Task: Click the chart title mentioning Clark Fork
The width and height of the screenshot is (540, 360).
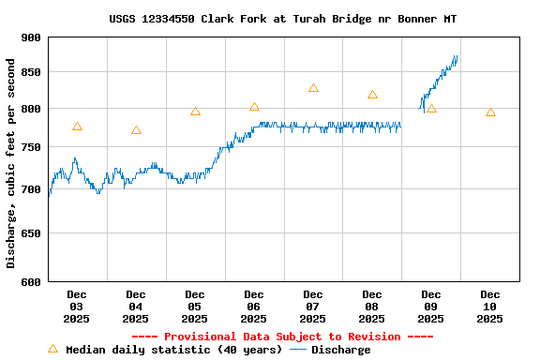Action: coord(283,19)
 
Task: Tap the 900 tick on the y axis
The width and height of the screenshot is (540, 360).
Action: coord(31,37)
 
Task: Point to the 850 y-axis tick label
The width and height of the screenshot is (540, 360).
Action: coord(31,72)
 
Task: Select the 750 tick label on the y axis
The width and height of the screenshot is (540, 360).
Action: coord(31,147)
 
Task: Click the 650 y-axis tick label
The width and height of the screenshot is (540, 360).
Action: coord(31,233)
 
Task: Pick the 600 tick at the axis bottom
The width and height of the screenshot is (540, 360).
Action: coord(31,281)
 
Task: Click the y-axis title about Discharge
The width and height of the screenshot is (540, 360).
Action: coord(11,163)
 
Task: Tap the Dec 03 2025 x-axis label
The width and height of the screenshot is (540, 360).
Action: coord(76,307)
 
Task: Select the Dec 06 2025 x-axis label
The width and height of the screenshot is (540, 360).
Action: coord(253,307)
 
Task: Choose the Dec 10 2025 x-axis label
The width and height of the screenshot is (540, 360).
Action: coord(489,307)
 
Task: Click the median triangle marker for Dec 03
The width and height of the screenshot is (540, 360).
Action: coord(77,127)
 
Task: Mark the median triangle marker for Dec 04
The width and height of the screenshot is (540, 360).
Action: coord(136,130)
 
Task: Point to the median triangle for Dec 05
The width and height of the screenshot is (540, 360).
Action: coord(195,112)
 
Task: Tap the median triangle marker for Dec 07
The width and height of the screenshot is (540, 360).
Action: coord(313,88)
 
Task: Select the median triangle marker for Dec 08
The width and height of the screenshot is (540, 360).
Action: coord(372,95)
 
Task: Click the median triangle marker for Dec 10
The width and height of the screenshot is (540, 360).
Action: coord(490,112)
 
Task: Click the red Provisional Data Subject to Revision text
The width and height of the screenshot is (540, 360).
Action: coord(282,337)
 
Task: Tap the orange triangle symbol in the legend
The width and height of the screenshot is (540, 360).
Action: coord(52,349)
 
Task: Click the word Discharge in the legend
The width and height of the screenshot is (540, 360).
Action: coord(340,350)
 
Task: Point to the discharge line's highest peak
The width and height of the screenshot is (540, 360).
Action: coord(456,57)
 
